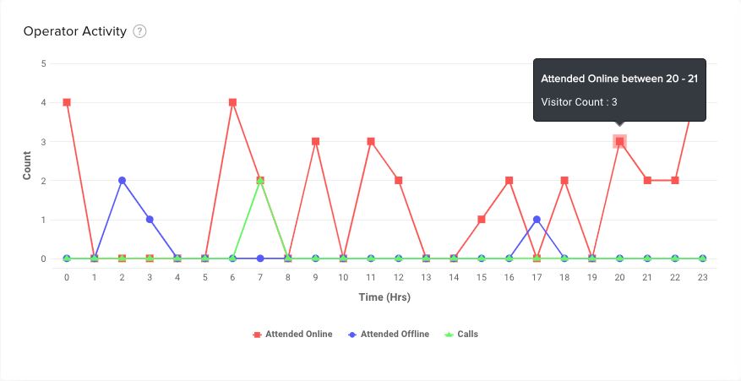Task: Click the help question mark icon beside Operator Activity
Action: [140, 31]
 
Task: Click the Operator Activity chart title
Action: [75, 31]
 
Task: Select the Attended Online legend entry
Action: [292, 335]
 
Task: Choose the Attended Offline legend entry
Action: [388, 335]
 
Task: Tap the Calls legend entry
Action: [460, 335]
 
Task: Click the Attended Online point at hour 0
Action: [67, 102]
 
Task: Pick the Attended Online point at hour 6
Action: [232, 102]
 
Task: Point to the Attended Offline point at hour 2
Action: [122, 180]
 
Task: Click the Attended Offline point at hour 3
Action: [150, 220]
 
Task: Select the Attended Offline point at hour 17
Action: [537, 220]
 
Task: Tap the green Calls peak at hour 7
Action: [260, 181]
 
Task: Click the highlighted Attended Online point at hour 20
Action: [619, 141]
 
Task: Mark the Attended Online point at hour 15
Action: [481, 220]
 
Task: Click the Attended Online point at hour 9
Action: [315, 141]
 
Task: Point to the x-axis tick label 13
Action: [426, 276]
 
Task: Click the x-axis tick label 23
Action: [702, 276]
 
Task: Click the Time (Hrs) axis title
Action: [384, 297]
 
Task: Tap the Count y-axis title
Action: [27, 161]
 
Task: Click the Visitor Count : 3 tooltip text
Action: [579, 102]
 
